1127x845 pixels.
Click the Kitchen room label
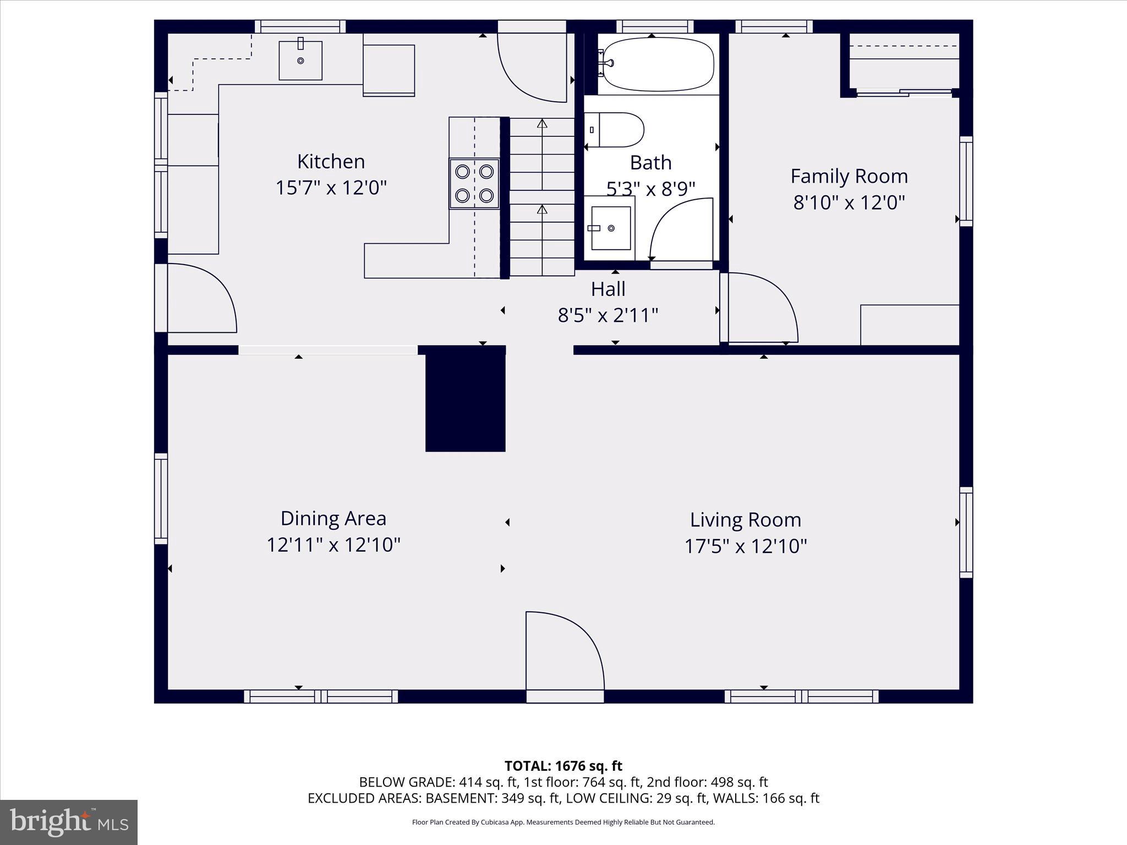331,162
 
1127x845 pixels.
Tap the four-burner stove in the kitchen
474,184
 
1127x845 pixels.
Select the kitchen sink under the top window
300,60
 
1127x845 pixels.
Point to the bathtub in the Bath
656,64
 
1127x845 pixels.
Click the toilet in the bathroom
615,130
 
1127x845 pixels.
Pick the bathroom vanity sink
610,228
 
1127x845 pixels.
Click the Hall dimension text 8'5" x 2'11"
608,316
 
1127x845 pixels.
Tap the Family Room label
849,176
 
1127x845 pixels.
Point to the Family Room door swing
762,308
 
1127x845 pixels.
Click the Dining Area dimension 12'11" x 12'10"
333,545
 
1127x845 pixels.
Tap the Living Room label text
745,520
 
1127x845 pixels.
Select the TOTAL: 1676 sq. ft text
563,766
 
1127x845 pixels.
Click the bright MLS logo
69,822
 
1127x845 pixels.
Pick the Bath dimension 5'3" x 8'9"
650,189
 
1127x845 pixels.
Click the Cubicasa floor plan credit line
563,822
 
